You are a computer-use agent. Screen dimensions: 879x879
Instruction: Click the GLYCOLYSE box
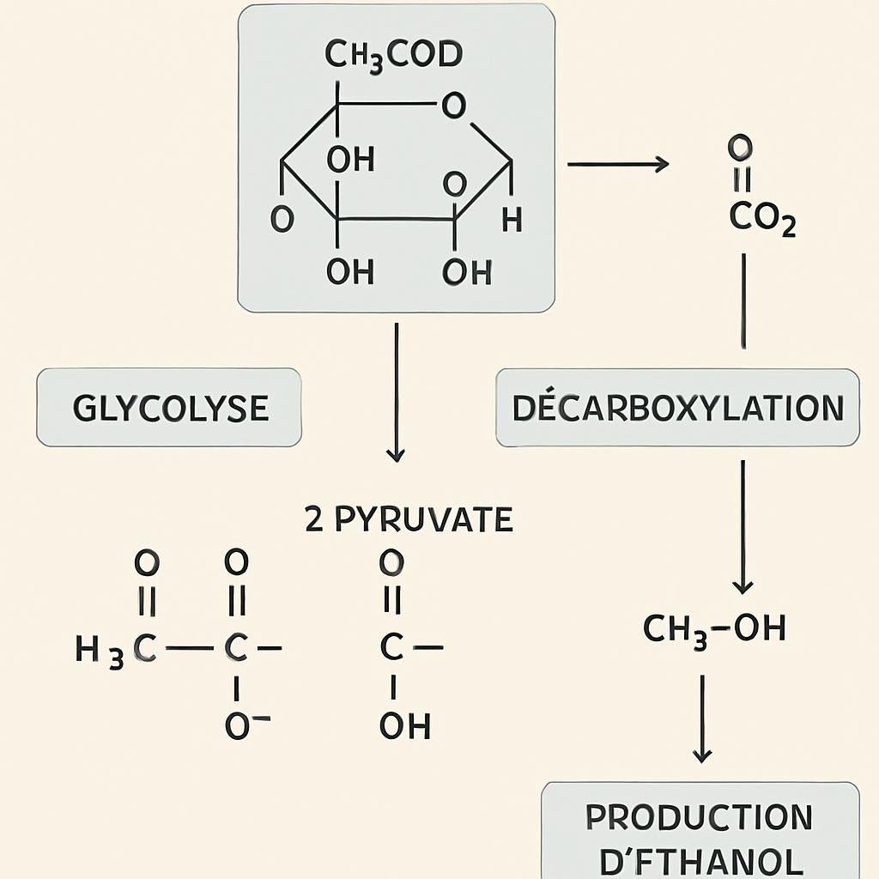click(169, 408)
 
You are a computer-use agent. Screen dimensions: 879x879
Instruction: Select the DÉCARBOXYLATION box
click(677, 408)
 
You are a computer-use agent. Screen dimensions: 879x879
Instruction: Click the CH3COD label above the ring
click(393, 55)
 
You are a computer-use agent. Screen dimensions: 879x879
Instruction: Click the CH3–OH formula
click(714, 629)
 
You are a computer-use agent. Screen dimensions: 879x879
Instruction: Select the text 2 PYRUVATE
click(409, 520)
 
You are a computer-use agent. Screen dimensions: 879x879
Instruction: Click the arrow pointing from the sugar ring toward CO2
click(617, 163)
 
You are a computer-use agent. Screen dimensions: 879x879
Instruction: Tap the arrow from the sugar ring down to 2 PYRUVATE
click(396, 391)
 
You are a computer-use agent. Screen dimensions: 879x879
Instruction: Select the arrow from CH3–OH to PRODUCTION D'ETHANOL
click(702, 718)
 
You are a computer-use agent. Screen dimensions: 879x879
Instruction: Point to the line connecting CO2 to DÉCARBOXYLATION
click(743, 300)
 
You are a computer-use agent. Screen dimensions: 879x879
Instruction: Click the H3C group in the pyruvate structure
click(116, 650)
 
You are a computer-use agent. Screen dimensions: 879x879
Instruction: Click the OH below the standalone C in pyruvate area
click(404, 727)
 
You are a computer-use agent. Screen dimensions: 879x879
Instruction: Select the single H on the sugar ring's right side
click(512, 221)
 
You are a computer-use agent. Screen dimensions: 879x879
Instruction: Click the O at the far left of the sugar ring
click(282, 220)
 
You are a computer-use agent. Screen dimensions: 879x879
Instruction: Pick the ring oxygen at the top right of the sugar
click(452, 106)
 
